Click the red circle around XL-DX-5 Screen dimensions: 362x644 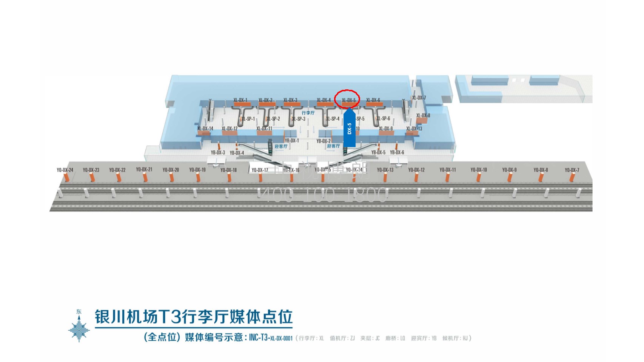coord(347,99)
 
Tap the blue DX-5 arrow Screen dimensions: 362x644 coord(350,128)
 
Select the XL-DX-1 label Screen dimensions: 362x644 coord(240,100)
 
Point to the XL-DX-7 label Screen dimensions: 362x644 coord(419,98)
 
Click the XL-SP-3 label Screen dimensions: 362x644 coord(299,119)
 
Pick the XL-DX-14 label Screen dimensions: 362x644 coord(205,129)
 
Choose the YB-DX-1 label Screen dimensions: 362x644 coord(291,141)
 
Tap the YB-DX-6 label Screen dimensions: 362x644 coord(397,152)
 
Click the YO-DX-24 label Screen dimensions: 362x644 coord(65,170)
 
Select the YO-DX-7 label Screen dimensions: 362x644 coord(572,170)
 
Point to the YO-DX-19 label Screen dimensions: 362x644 coord(197,170)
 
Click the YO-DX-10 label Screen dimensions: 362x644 coord(479,170)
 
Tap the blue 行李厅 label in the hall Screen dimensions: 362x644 coord(308,113)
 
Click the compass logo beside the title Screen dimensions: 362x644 coord(79,327)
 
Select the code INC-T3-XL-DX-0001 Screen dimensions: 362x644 coord(271,338)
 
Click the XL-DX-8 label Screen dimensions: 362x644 coord(423,115)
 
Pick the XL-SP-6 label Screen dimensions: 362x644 coord(383,118)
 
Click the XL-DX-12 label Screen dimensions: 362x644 coord(230,129)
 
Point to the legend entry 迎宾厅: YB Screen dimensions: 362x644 coord(424,338)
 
